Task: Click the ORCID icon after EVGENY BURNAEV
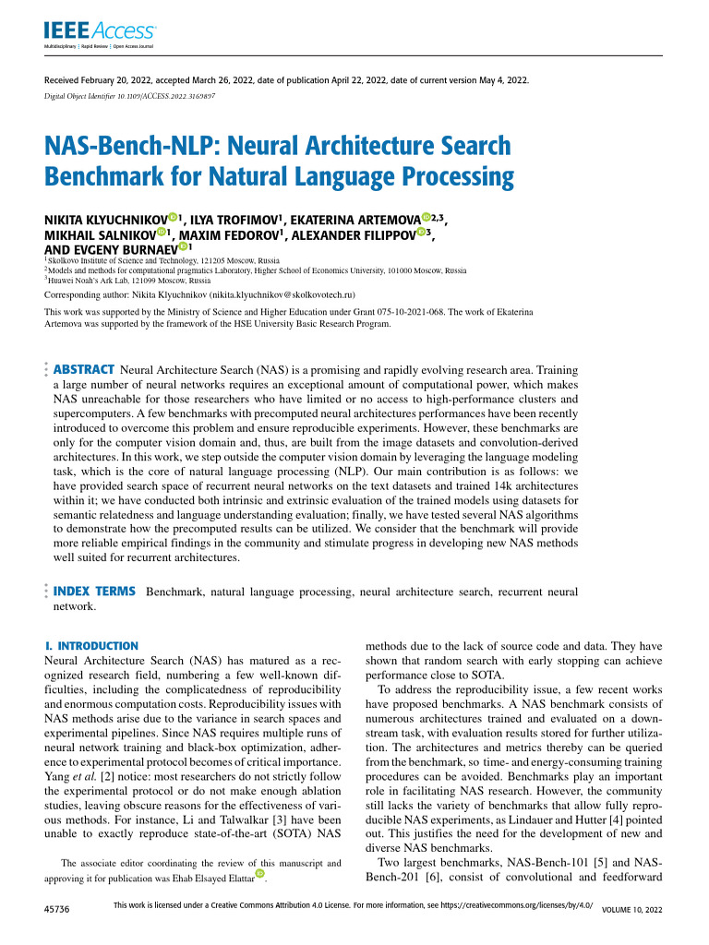[x=183, y=247]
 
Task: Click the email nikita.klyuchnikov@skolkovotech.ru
[x=278, y=295]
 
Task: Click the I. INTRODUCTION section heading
[x=91, y=647]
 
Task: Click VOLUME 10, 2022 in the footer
[x=632, y=910]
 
